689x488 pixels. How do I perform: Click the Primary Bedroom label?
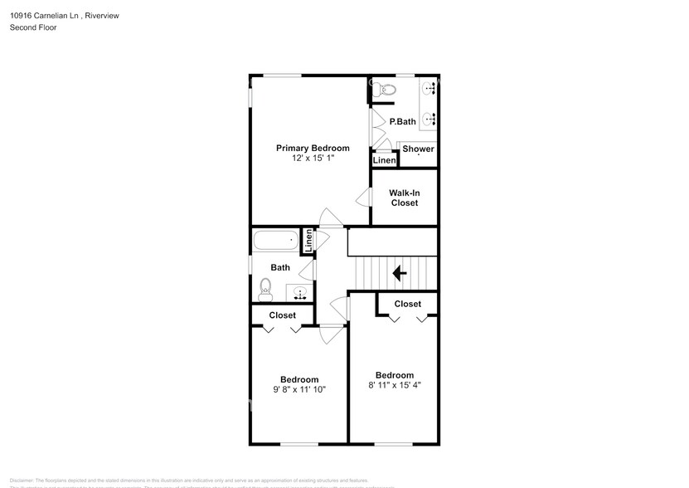(x=313, y=148)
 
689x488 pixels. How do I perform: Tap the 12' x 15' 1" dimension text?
(x=313, y=158)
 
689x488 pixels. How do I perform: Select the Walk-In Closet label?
(x=404, y=198)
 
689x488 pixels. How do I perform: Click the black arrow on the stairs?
(x=399, y=272)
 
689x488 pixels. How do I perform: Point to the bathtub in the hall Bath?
(x=275, y=242)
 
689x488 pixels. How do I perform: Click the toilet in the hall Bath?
(x=265, y=287)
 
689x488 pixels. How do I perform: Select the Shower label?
(x=418, y=149)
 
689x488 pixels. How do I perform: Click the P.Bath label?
(x=402, y=122)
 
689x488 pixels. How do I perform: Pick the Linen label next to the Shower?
(x=384, y=160)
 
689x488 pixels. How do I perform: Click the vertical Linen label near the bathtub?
(x=308, y=241)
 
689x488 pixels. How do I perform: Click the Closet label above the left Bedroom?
(x=283, y=315)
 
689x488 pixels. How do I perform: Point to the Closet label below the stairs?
(x=407, y=304)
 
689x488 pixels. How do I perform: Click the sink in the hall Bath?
(x=298, y=292)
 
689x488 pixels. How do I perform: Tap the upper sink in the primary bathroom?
(x=430, y=89)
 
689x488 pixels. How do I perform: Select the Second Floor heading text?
(x=33, y=27)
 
